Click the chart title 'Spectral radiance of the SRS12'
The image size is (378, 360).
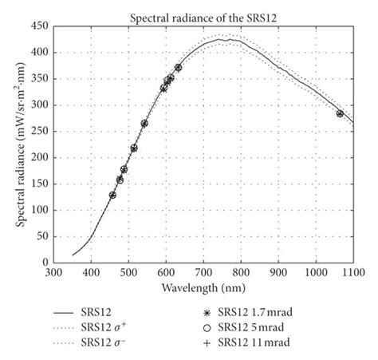[203, 16]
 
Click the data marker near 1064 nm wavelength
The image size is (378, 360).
[340, 113]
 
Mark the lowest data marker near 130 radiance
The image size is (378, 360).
[112, 195]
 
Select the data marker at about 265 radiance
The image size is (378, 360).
[144, 124]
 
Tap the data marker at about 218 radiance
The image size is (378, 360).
[133, 148]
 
